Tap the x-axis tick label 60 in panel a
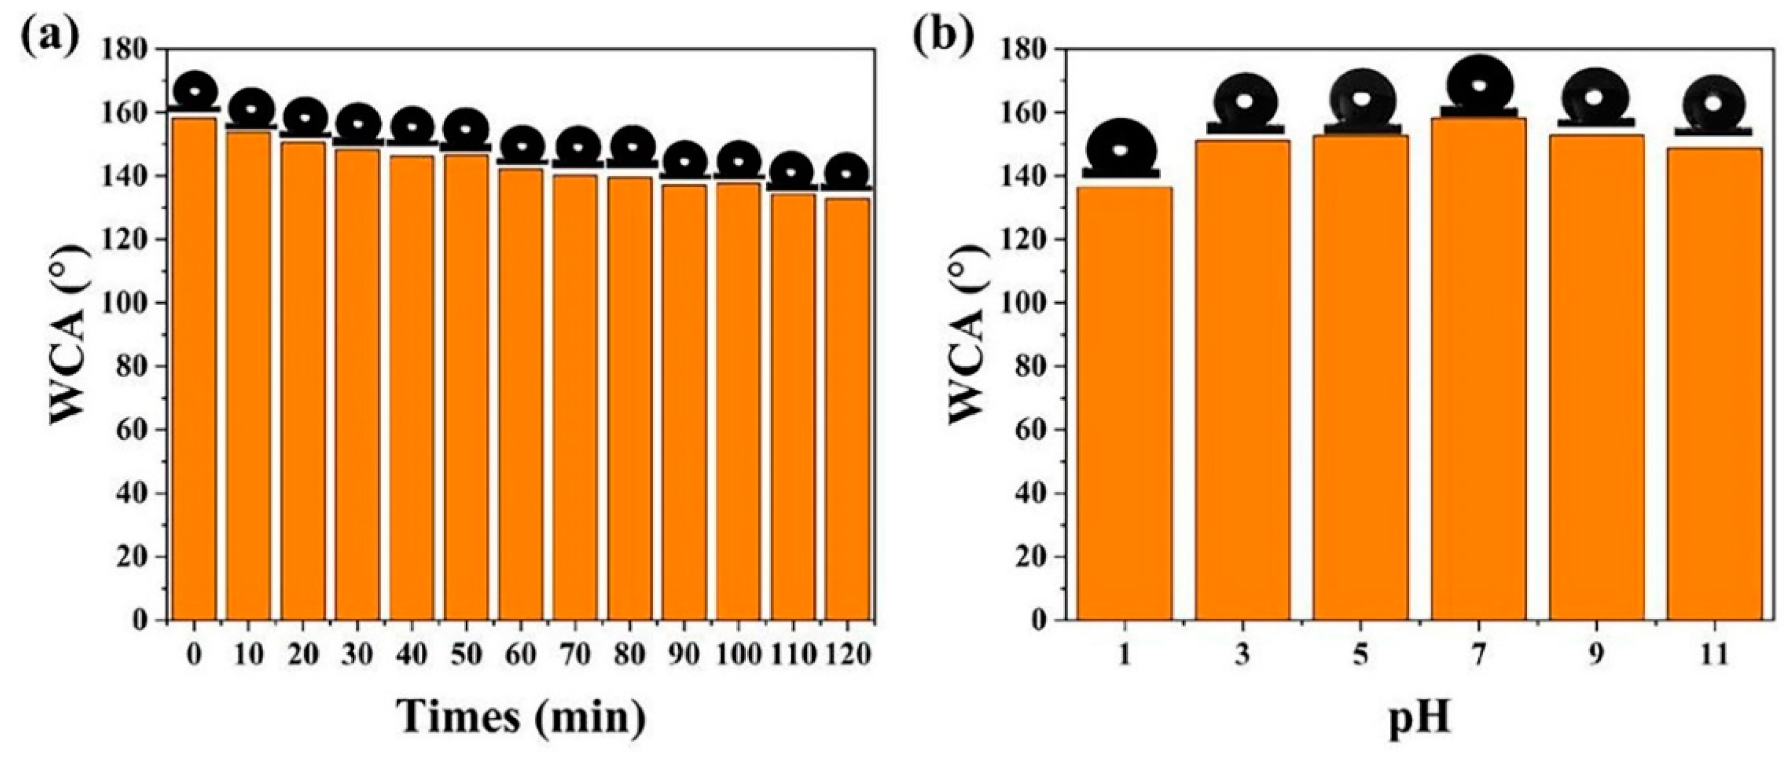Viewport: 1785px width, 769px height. point(520,654)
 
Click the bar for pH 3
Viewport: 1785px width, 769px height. point(1242,381)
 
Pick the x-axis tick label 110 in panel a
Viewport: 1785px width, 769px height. point(793,654)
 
